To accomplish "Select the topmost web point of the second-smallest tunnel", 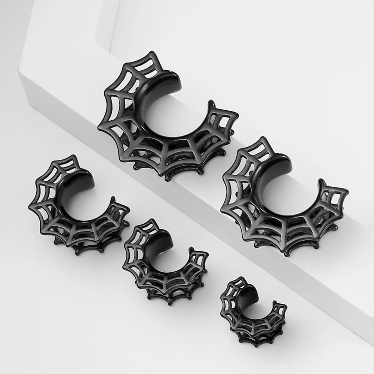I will point(151,220).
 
